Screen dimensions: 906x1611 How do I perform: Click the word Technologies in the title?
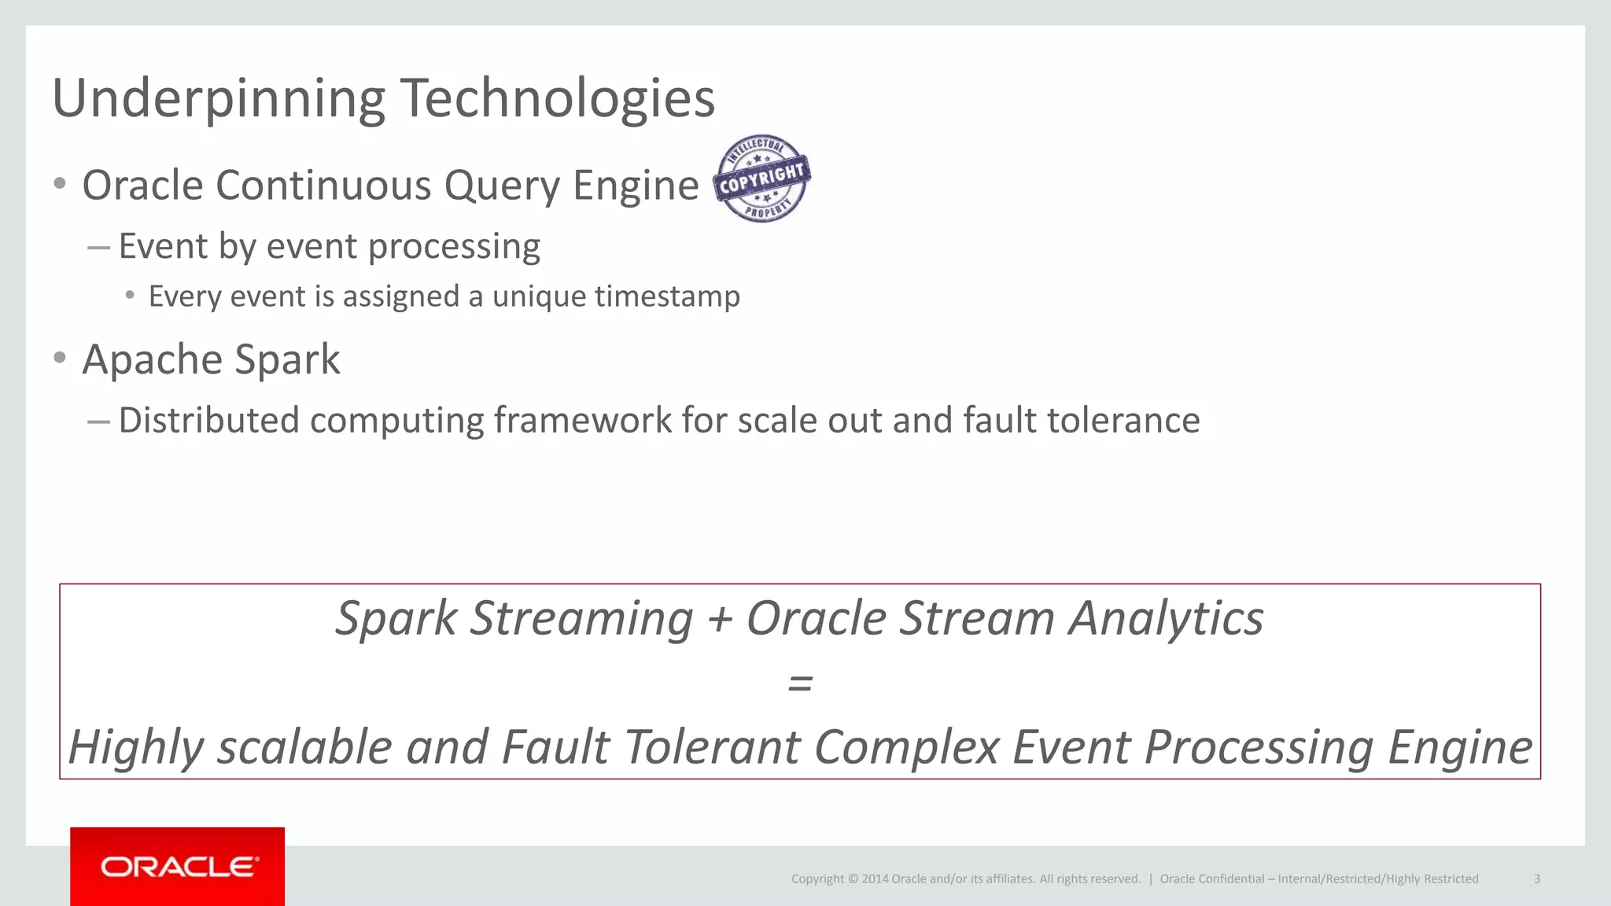[558, 99]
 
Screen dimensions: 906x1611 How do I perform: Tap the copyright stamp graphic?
[761, 179]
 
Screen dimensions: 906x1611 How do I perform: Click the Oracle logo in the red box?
[178, 867]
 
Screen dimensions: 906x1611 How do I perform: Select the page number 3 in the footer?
[1536, 879]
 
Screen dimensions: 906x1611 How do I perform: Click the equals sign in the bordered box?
[800, 683]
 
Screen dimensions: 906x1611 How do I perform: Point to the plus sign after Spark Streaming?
[719, 618]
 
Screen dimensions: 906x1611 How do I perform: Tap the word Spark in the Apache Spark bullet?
[287, 360]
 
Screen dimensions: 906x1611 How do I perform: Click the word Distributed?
[208, 420]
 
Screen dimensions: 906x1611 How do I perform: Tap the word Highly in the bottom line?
[136, 747]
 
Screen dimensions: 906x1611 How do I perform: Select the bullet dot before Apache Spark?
[60, 358]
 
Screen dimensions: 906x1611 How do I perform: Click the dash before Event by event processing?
[98, 248]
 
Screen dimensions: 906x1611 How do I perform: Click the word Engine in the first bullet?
[635, 186]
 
